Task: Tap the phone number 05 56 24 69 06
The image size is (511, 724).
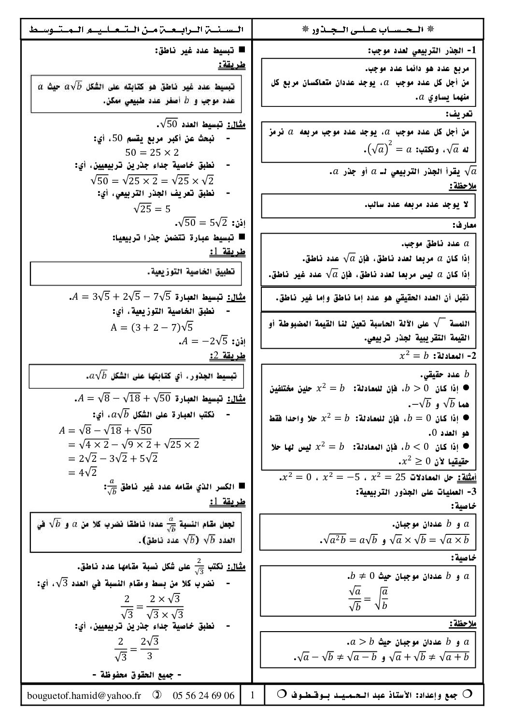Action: click(203, 695)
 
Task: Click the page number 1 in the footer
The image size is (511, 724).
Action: click(253, 695)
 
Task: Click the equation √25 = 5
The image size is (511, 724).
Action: click(152, 208)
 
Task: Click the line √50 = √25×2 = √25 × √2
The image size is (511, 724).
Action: click(152, 180)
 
